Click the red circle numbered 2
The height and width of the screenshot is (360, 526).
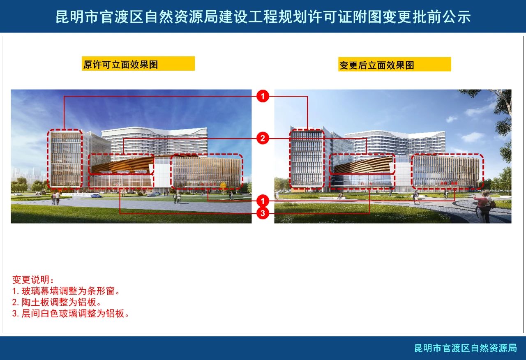click(x=263, y=138)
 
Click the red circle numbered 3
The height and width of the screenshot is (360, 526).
click(x=263, y=213)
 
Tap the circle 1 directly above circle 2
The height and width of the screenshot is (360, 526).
click(x=263, y=96)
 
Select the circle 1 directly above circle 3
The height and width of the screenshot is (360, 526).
click(x=263, y=201)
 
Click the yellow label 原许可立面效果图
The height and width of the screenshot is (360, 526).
click(x=138, y=64)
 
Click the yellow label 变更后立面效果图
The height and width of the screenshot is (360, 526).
click(x=394, y=64)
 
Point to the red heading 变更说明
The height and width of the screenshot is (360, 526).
click(x=33, y=280)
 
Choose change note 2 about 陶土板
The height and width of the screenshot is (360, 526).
click(x=56, y=302)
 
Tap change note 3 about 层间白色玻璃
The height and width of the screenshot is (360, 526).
click(x=70, y=314)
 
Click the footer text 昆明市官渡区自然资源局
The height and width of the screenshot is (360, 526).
click(x=466, y=348)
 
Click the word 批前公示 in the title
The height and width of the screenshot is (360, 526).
click(x=441, y=17)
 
